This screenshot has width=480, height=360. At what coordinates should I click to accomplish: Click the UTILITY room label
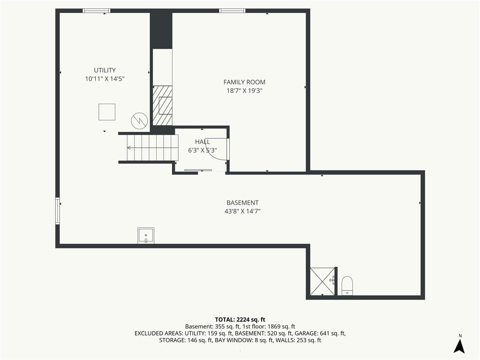[105, 70]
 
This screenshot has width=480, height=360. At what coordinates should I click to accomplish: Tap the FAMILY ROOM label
[244, 82]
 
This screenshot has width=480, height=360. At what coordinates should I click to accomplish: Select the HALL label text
[202, 142]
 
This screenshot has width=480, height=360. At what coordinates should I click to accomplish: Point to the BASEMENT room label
[242, 202]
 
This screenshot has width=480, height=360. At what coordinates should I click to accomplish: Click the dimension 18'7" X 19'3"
[244, 90]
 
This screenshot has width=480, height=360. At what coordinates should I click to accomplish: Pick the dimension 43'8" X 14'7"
[242, 211]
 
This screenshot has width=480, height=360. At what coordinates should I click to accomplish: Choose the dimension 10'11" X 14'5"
[105, 79]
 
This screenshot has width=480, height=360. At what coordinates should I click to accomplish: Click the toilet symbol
[347, 285]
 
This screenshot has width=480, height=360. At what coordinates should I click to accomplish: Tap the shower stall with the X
[322, 281]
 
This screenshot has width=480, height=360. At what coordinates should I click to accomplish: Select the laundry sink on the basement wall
[146, 235]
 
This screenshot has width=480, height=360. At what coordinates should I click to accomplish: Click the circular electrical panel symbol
[139, 121]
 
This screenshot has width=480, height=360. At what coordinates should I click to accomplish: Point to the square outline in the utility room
[107, 112]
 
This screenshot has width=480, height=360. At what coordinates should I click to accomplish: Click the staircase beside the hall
[152, 148]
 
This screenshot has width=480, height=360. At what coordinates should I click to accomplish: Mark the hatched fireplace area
[162, 105]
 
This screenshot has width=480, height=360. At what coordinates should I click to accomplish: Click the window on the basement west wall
[58, 211]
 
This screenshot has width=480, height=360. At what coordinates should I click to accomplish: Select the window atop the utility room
[97, 11]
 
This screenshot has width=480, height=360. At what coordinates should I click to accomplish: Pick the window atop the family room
[232, 11]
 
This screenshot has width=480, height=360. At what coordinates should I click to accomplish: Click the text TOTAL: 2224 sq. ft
[240, 320]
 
